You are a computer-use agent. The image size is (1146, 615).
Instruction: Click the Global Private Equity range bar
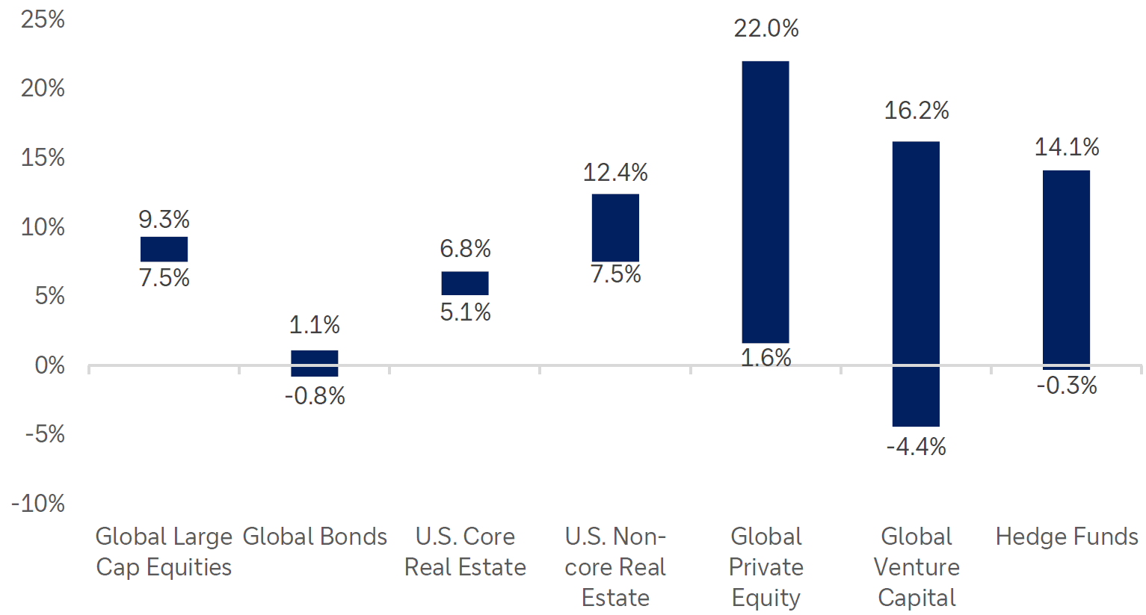[x=765, y=202]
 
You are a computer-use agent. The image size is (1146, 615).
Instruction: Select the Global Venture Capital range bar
[x=916, y=284]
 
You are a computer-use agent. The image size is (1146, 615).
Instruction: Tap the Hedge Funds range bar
[x=1066, y=269]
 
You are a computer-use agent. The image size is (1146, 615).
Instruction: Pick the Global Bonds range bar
[x=314, y=363]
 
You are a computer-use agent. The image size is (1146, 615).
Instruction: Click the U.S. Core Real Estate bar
[x=464, y=283]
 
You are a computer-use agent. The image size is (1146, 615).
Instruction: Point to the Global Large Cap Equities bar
[x=164, y=249]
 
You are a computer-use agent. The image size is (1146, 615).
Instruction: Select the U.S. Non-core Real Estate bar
[x=615, y=227]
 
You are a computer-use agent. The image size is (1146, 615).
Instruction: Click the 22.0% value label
[x=765, y=28]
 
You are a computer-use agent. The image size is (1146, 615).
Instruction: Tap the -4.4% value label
[x=916, y=447]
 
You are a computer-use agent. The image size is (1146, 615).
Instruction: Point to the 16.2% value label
[x=916, y=111]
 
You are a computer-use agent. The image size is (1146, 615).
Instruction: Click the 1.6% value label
[x=765, y=358]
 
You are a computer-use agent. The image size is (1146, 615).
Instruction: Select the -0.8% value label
[x=315, y=396]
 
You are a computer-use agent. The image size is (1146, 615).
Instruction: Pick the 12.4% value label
[x=615, y=173]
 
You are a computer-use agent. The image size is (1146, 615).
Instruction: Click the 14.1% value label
[x=1066, y=147]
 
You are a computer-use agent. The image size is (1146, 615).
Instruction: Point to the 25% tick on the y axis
[x=43, y=19]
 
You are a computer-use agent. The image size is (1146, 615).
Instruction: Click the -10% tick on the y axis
[x=38, y=504]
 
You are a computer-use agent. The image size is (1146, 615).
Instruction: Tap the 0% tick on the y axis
[x=49, y=365]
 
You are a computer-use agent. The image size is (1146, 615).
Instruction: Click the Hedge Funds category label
[x=1066, y=537]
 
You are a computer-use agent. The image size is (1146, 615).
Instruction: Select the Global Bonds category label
[x=315, y=537]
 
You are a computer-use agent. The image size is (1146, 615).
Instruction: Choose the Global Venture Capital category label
[x=916, y=567]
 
